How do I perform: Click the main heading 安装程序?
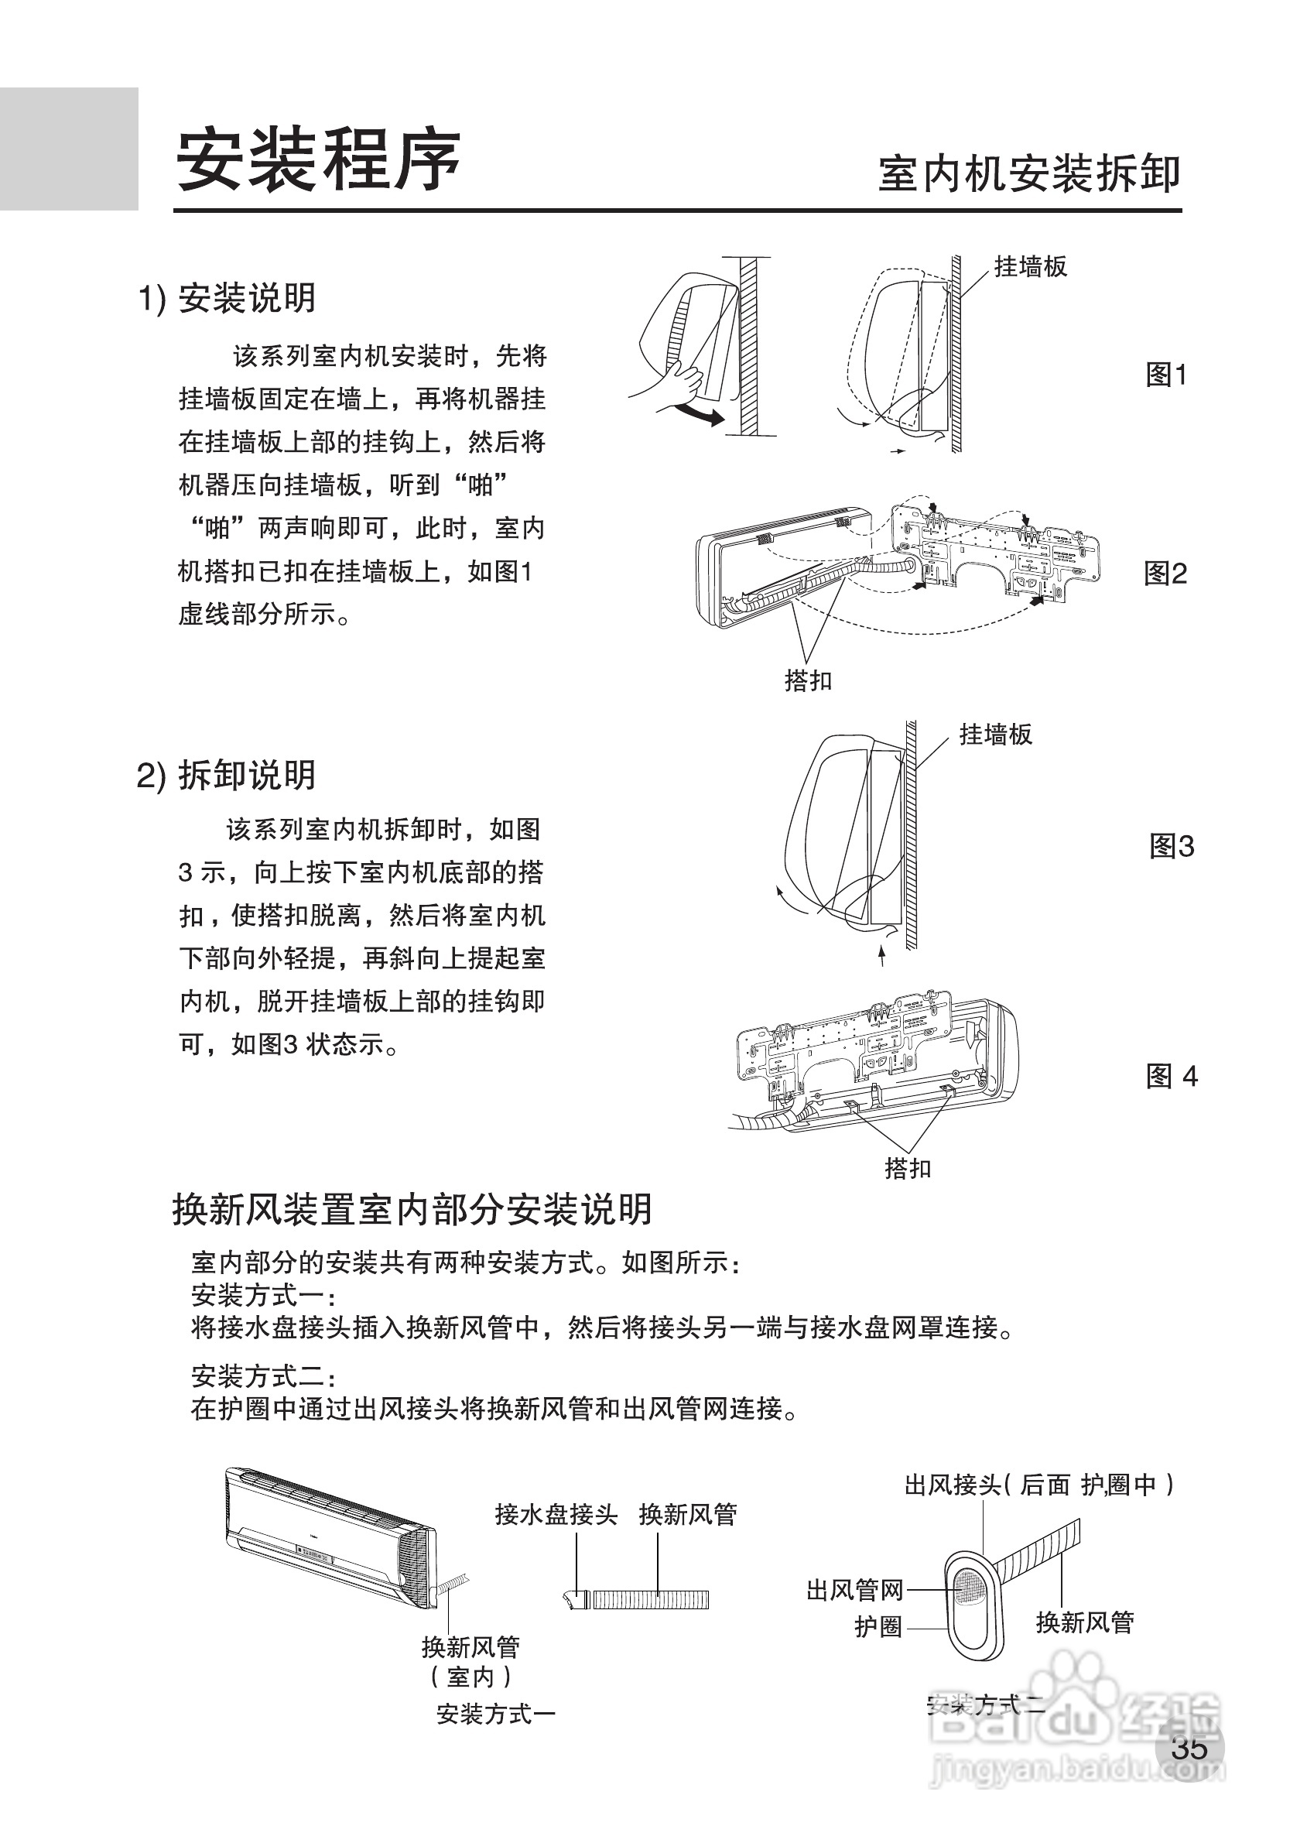[318, 161]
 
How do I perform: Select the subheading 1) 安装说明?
[228, 299]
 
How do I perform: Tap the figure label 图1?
[1165, 375]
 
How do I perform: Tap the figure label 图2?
[1165, 574]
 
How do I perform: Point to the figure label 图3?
[1171, 847]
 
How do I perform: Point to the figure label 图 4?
[1171, 1077]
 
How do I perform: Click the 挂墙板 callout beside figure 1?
[1030, 266]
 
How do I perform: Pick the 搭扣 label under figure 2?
[808, 681]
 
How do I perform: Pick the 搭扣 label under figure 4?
[908, 1168]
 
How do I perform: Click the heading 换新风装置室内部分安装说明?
[412, 1232]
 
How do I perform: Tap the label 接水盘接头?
[556, 1515]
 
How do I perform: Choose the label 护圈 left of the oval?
[878, 1626]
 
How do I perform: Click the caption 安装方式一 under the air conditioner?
[496, 1715]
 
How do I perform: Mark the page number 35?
[1189, 1748]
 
